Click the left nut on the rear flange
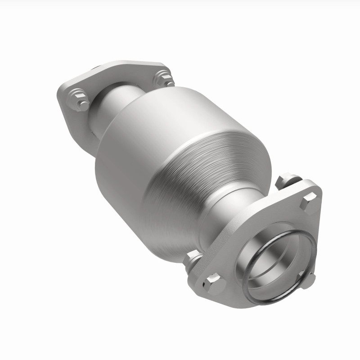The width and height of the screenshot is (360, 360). click(x=80, y=100)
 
